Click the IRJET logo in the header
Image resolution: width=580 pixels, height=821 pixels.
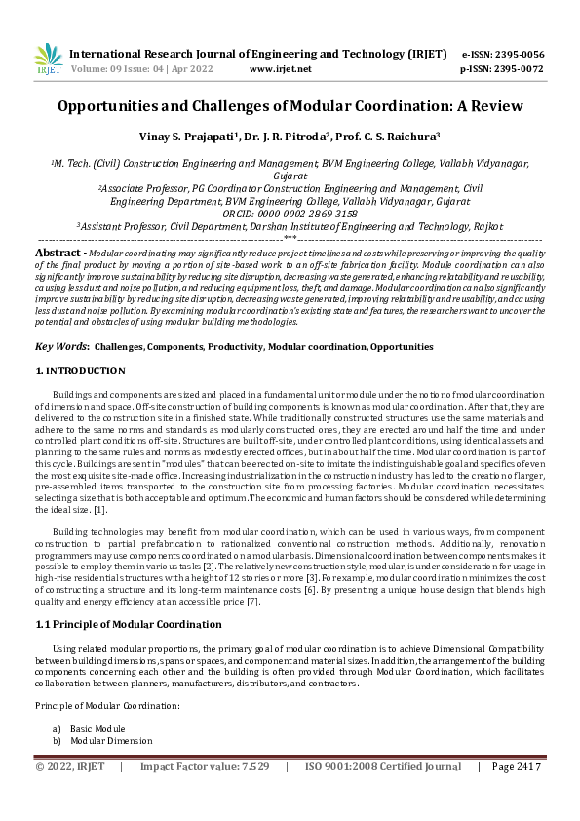coord(47,60)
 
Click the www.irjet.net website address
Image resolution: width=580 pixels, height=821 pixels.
coord(281,69)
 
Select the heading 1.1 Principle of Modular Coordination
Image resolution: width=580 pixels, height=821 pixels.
coord(122,623)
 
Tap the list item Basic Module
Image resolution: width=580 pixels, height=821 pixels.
coord(97,728)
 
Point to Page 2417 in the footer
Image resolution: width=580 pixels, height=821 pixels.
coord(516,766)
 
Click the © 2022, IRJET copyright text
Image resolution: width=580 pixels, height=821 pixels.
coord(71,766)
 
